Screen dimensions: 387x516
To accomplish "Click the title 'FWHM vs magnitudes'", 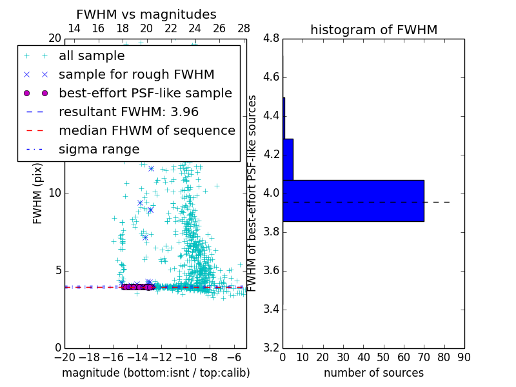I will [146, 14].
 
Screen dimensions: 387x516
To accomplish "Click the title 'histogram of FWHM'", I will [373, 30].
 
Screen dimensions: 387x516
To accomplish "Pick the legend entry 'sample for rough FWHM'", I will [136, 75].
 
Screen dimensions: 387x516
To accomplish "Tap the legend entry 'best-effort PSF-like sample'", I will [145, 94].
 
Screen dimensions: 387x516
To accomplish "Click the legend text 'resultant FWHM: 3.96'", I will [128, 112].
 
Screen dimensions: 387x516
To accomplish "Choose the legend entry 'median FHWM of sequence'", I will [146, 131].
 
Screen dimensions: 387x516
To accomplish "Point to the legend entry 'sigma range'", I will [99, 150].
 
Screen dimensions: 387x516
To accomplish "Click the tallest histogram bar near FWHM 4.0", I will [353, 201].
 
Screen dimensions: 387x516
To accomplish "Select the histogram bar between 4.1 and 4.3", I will [288, 159].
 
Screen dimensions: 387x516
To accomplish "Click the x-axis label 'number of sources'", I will [373, 373].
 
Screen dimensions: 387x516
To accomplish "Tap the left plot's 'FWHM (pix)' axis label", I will [38, 192].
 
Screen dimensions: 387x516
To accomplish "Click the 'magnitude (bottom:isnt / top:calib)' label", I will [155, 373].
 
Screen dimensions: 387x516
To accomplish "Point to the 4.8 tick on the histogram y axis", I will [272, 39].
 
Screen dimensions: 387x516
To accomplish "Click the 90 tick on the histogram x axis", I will [464, 357].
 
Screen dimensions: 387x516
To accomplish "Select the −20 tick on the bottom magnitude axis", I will [64, 357].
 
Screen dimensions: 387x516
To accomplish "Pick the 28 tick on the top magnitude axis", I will [244, 28].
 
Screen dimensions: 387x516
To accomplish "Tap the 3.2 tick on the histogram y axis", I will [272, 348].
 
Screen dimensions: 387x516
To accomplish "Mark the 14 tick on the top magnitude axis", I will [74, 28].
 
